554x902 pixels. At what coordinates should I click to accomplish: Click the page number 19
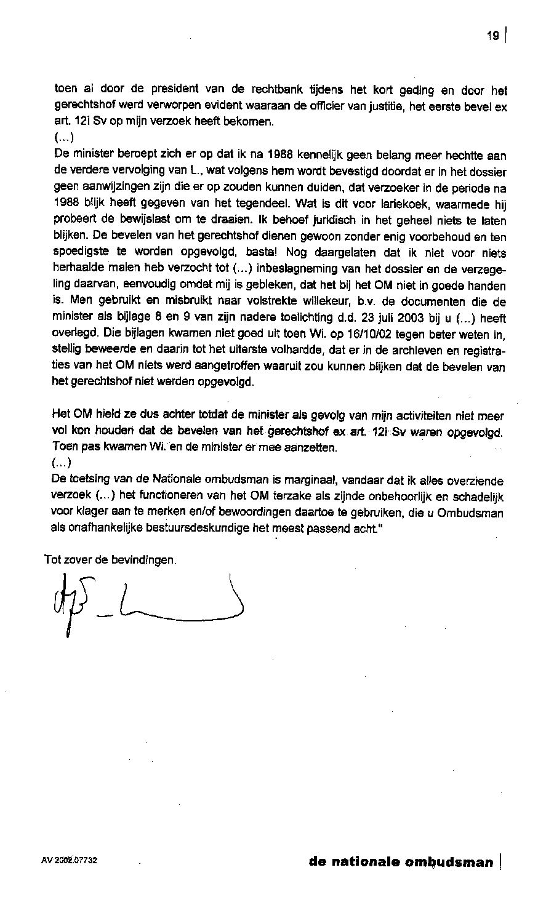(x=492, y=36)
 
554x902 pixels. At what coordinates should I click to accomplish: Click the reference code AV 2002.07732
(x=70, y=861)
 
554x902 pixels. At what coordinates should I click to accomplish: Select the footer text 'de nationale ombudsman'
(x=401, y=861)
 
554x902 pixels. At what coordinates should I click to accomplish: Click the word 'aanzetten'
(x=312, y=447)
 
